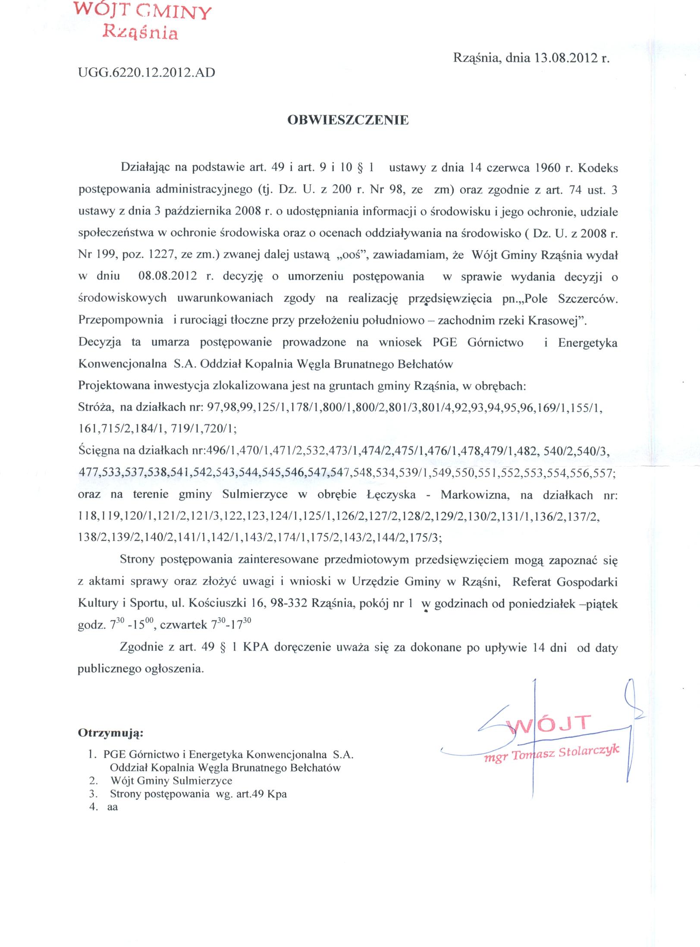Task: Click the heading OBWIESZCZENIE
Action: click(348, 120)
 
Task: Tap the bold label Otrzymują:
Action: click(110, 733)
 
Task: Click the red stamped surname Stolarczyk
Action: click(588, 752)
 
